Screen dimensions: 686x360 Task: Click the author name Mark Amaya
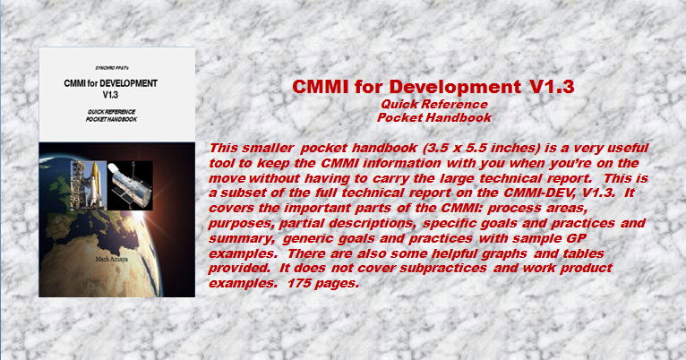tap(112, 260)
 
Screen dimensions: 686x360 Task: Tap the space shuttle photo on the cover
tap(89, 184)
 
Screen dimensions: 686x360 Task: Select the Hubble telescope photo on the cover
tap(130, 185)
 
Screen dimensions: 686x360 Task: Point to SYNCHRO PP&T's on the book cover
tap(112, 68)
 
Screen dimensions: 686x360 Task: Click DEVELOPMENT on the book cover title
tap(128, 83)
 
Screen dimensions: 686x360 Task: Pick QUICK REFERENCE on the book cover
tap(112, 112)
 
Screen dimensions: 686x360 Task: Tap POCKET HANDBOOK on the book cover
tap(112, 119)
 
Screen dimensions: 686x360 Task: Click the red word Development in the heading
tap(455, 87)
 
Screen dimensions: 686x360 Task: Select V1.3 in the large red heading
tap(552, 87)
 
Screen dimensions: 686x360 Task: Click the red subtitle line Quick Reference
tap(434, 104)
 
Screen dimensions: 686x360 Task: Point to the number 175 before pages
tap(299, 283)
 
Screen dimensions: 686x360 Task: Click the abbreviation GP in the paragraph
tap(578, 238)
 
